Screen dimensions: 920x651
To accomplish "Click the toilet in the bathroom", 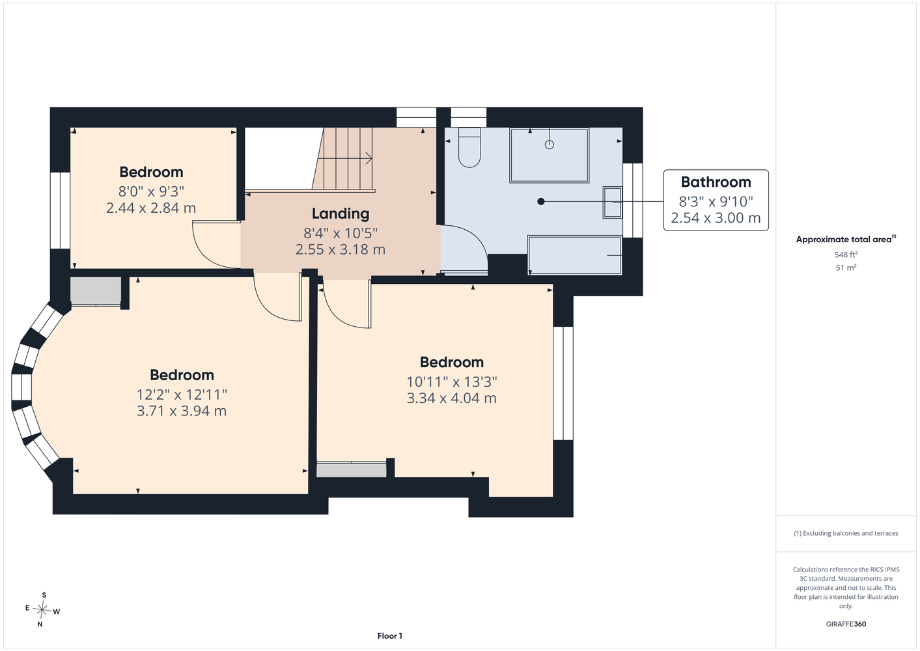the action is pyautogui.click(x=469, y=147).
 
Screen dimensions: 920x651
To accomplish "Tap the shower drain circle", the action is pyautogui.click(x=550, y=145).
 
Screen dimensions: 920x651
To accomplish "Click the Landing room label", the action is pyautogui.click(x=341, y=214).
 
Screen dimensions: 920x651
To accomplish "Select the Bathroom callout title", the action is pyautogui.click(x=716, y=182).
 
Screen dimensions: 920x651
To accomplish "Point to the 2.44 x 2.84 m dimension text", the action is pyautogui.click(x=151, y=208).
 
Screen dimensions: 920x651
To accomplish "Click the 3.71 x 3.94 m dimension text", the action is pyautogui.click(x=182, y=411).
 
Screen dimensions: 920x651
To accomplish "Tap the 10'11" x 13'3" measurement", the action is pyautogui.click(x=452, y=381).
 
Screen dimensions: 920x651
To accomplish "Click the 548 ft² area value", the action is pyautogui.click(x=846, y=255).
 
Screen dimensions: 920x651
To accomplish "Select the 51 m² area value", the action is pyautogui.click(x=846, y=268).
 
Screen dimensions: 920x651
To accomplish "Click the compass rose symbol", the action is pyautogui.click(x=42, y=609).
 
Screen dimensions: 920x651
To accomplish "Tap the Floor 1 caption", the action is pyautogui.click(x=390, y=636).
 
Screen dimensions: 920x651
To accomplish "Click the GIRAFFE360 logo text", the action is pyautogui.click(x=846, y=624).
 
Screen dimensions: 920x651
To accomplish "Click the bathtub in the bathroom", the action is pyautogui.click(x=574, y=255).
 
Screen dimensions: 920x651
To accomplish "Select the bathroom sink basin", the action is pyautogui.click(x=613, y=202).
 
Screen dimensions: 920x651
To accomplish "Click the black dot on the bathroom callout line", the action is pyautogui.click(x=541, y=201).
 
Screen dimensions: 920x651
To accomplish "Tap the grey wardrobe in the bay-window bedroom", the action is pyautogui.click(x=96, y=291).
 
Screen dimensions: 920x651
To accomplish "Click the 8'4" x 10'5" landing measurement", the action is pyautogui.click(x=341, y=233).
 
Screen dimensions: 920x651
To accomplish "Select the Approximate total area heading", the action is pyautogui.click(x=846, y=240).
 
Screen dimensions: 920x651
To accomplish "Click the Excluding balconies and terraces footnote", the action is pyautogui.click(x=846, y=533).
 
